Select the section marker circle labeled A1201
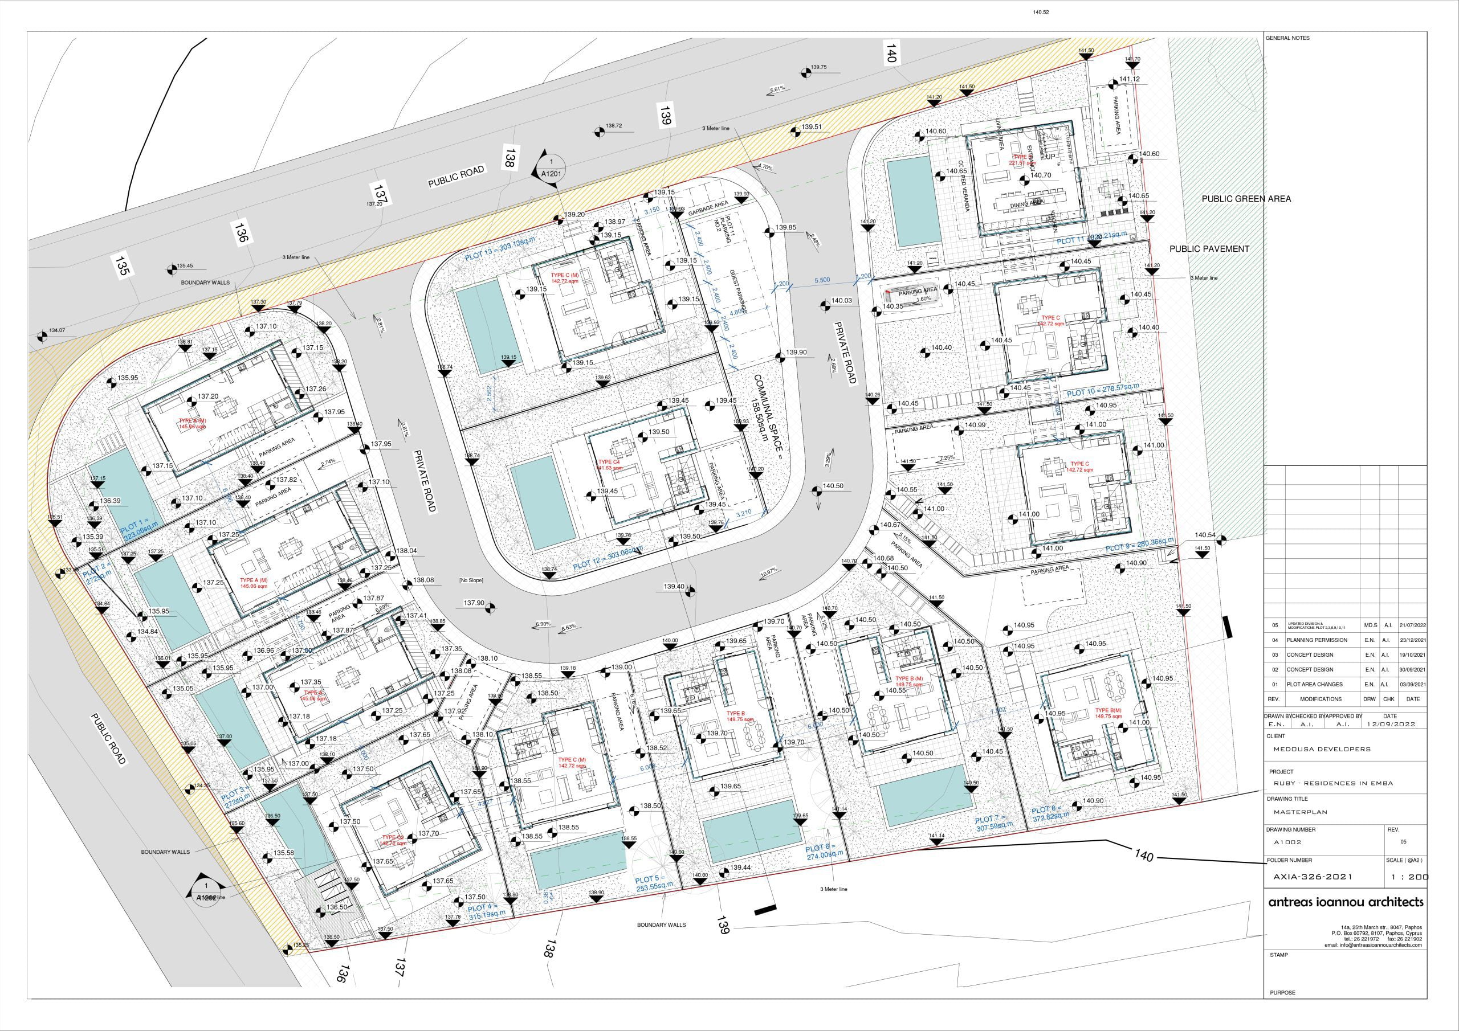pos(551,167)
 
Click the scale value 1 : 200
pos(1410,877)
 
